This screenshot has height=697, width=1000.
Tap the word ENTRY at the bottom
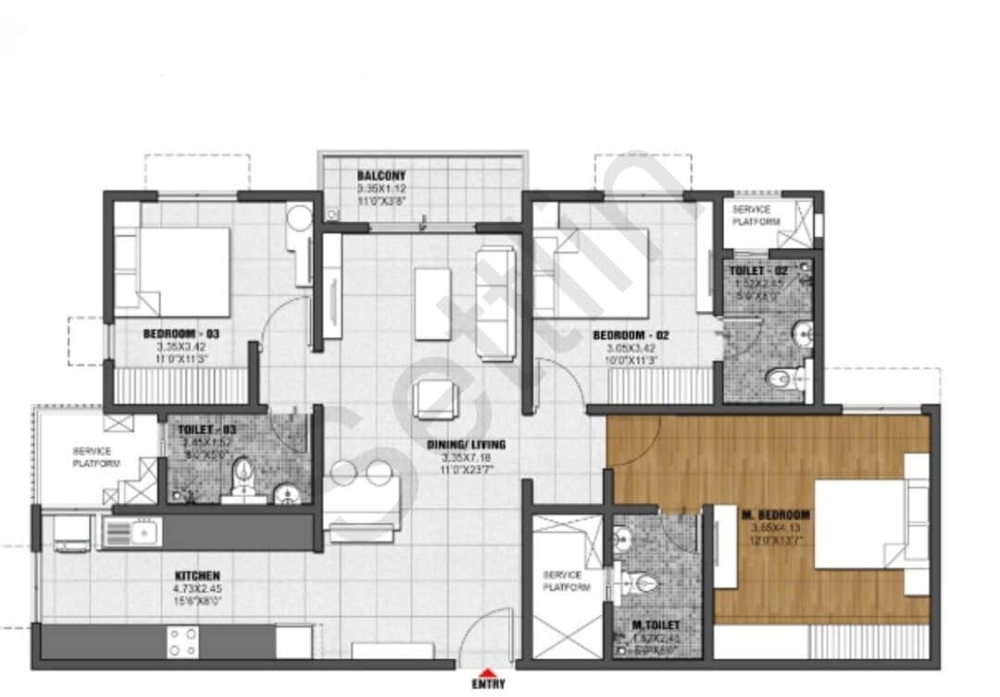point(488,686)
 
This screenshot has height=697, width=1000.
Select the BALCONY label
point(381,175)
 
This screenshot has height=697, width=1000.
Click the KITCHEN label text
point(195,576)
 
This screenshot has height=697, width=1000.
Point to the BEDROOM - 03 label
point(181,333)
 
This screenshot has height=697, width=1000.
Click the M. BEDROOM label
point(775,515)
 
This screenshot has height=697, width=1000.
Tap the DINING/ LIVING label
point(466,444)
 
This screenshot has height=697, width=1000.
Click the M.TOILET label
point(656,627)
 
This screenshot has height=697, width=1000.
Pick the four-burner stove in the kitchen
point(182,641)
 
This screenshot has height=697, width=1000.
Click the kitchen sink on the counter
point(131,532)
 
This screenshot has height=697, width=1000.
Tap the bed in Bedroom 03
point(173,272)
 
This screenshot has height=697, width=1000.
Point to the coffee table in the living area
point(432,303)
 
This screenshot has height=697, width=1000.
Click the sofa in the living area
point(495,291)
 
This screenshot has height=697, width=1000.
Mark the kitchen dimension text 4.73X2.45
point(195,589)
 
